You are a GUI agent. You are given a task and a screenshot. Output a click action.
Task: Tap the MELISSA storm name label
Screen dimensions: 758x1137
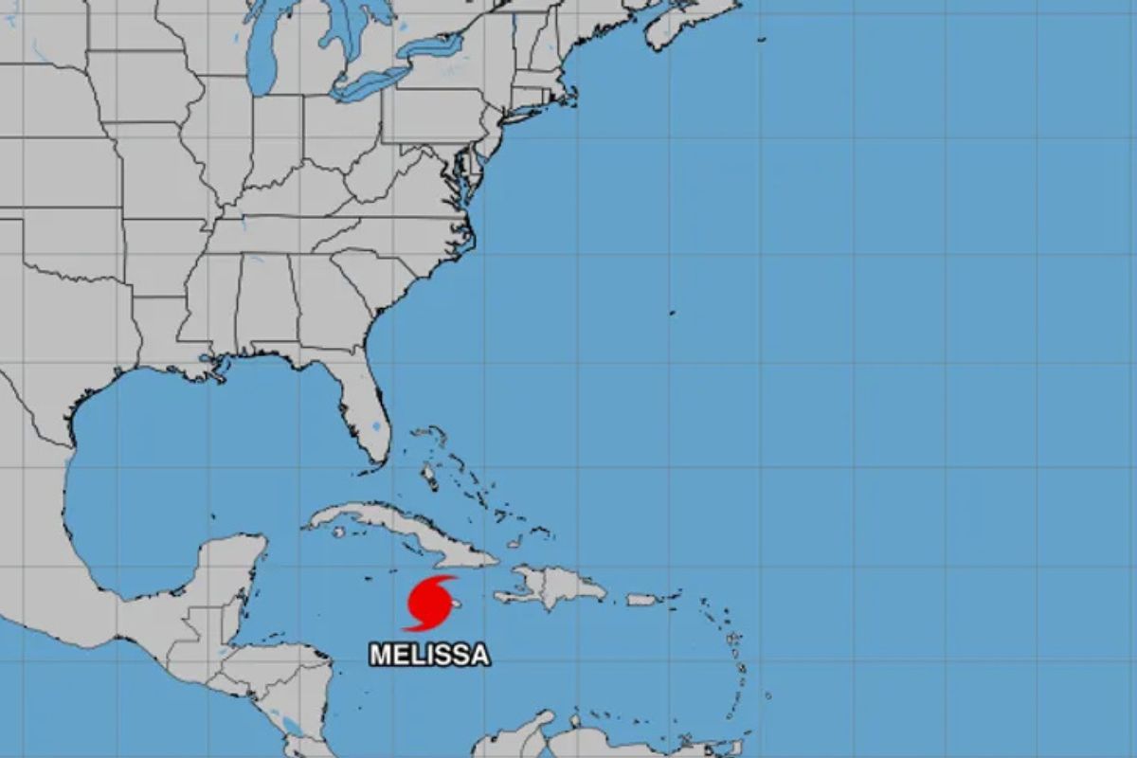[429, 655]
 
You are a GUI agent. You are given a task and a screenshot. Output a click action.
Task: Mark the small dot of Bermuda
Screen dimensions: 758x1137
[672, 312]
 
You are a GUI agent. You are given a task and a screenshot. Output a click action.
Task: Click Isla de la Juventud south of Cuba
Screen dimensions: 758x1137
[338, 532]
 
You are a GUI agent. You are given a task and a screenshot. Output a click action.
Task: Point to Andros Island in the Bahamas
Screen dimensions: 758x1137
[427, 473]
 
